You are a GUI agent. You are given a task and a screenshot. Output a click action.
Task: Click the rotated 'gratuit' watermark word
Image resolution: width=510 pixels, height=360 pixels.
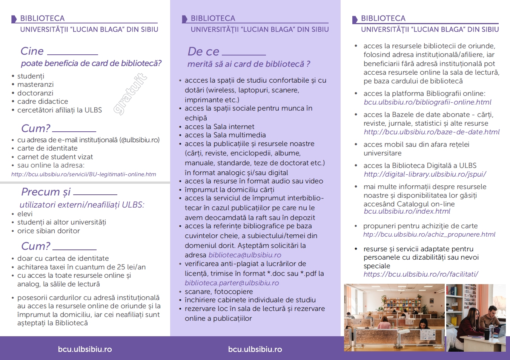[131, 94]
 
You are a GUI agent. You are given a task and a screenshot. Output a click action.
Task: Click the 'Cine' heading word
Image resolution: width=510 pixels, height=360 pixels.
[32, 51]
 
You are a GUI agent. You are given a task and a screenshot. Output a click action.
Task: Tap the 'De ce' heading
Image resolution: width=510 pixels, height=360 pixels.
[203, 51]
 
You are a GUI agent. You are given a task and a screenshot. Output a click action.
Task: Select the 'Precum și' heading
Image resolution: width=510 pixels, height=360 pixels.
[46, 192]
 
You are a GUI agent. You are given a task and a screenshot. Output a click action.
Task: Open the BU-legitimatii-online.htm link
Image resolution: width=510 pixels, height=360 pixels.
[83, 174]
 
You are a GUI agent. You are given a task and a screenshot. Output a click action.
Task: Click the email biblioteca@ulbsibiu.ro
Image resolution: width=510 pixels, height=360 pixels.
[245, 255]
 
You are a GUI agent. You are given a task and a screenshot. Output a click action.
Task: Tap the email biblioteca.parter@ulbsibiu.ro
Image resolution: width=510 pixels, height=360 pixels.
[232, 283]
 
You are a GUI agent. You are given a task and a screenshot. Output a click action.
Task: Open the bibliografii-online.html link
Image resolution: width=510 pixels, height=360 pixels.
[427, 102]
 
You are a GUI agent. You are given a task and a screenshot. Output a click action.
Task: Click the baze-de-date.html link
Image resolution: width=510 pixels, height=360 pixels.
[432, 132]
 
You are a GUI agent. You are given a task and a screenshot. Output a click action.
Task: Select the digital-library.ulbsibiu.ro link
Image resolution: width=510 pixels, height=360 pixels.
[425, 174]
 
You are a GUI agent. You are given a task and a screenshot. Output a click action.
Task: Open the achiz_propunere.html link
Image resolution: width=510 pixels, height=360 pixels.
[429, 235]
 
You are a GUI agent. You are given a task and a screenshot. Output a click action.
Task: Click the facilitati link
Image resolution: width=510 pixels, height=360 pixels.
[421, 274]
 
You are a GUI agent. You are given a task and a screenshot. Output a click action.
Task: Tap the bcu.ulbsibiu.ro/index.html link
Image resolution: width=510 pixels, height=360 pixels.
[407, 211]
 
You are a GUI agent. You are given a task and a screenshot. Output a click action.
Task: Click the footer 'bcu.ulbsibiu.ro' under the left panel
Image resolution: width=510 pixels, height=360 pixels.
[85, 349]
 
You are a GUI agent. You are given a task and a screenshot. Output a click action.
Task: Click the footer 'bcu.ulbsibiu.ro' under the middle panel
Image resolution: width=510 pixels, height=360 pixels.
[255, 349]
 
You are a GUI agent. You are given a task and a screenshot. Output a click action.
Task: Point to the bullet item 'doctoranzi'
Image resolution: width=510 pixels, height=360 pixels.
[35, 93]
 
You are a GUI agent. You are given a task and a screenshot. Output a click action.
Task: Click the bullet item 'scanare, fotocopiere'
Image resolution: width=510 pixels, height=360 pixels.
[219, 292]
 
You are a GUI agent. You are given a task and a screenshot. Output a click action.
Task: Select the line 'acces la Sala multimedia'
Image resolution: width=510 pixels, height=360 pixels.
[225, 135]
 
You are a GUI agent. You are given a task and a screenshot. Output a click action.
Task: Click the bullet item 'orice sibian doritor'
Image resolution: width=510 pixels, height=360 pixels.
[48, 231]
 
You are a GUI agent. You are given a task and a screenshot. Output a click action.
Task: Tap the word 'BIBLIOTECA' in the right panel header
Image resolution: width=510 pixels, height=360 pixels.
[383, 18]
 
